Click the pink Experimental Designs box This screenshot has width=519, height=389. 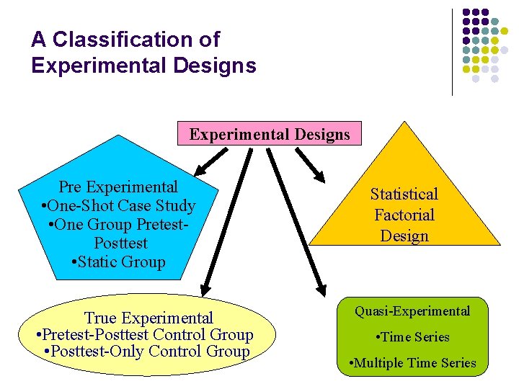[x=270, y=134]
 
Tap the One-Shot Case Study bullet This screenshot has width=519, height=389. [x=118, y=206]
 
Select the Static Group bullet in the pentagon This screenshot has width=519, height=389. [x=119, y=262]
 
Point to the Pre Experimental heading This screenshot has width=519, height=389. [x=118, y=187]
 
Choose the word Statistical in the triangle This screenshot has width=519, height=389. [x=404, y=194]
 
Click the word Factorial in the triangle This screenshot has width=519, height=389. [x=404, y=215]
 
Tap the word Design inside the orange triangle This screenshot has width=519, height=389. [x=404, y=236]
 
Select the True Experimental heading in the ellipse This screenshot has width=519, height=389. [x=148, y=318]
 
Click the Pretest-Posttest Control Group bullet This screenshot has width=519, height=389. [x=144, y=335]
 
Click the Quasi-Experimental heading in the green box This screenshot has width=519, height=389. [x=412, y=311]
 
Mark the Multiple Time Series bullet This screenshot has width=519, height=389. [x=412, y=363]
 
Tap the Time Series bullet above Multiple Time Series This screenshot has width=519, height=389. [x=412, y=337]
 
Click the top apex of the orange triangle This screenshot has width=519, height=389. [x=406, y=122]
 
